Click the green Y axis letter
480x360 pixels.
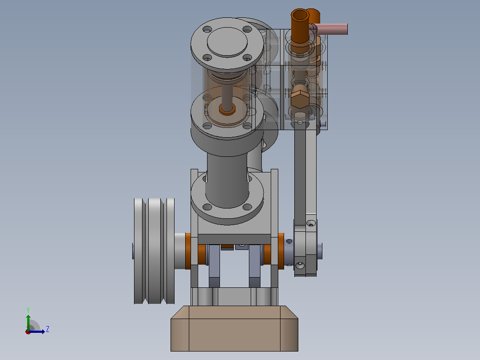[x=28, y=310]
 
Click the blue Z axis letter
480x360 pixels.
[x=48, y=329]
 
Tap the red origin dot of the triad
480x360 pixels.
[x=28, y=332]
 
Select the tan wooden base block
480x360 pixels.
[x=234, y=328]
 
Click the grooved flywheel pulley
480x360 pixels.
[x=154, y=251]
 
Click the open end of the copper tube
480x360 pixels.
[x=300, y=15]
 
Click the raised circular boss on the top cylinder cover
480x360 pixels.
[x=227, y=42]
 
